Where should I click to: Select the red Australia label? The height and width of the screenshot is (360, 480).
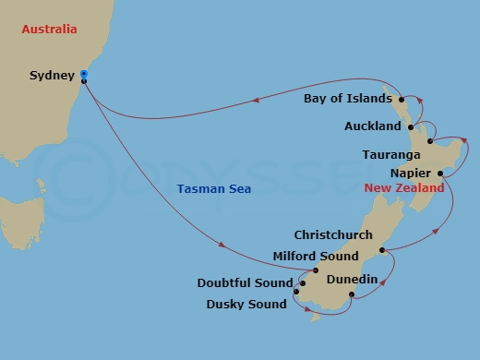pos(48,30)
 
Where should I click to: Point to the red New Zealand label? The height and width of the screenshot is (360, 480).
pos(404,187)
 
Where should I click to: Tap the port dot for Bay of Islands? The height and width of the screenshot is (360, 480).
pos(401,98)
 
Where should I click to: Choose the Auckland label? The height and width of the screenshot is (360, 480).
pos(373,126)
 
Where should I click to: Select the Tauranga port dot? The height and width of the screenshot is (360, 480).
pos(431,141)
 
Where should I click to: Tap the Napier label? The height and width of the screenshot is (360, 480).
pos(412,173)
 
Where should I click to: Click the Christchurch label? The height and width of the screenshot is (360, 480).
pos(333,235)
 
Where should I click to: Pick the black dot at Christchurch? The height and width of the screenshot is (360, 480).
pos(381,250)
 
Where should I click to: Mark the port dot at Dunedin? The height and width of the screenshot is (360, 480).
pos(351,295)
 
